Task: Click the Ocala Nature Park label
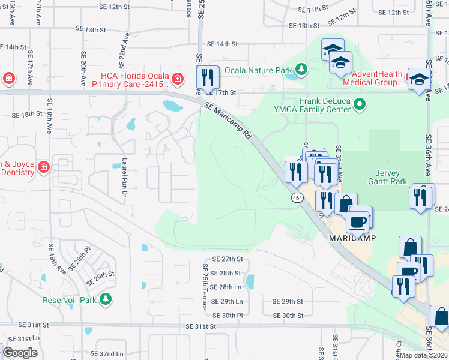point(258,70)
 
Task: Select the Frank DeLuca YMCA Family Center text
point(325,105)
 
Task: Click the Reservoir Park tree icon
point(106,299)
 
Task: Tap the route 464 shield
point(297,198)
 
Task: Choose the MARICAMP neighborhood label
point(352,238)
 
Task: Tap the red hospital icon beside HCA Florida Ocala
point(178,79)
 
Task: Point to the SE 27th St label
point(227,259)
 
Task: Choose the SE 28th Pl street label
point(79,259)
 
